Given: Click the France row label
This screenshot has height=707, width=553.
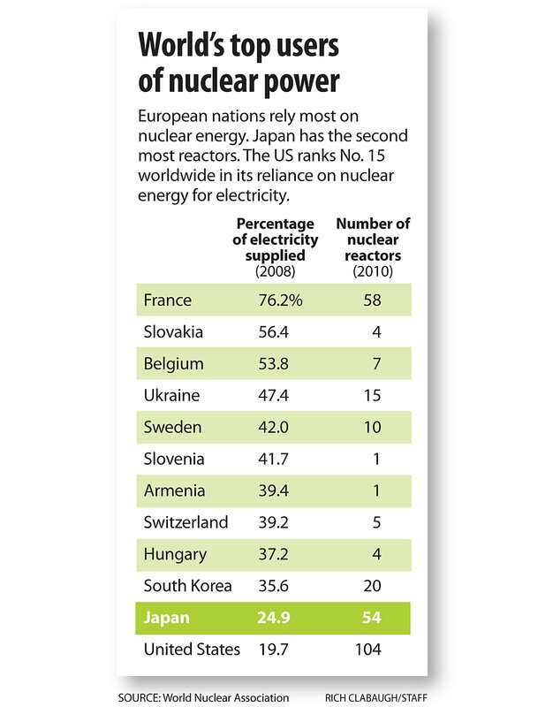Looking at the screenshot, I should (x=167, y=300).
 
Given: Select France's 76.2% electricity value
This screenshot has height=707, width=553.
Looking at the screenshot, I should (x=279, y=300).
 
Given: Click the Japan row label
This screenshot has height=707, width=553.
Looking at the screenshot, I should (x=167, y=618).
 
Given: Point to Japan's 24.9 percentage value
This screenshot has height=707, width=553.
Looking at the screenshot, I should (x=273, y=618).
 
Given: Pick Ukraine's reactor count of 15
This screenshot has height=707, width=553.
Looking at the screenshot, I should (x=371, y=396).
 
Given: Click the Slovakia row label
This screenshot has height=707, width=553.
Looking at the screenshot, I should (x=173, y=332).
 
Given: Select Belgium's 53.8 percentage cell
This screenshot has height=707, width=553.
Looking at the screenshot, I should (x=273, y=364).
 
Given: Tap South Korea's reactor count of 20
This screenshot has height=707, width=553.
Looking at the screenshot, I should (x=371, y=586).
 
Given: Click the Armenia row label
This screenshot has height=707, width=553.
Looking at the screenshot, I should (x=174, y=491).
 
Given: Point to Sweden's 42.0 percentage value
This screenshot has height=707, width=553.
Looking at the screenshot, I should (x=273, y=428).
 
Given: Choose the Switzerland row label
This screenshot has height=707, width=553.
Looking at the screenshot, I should (x=186, y=523).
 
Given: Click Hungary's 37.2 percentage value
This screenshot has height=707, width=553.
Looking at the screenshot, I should (x=273, y=555).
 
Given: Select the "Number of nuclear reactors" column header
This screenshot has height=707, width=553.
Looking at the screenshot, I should (x=373, y=239).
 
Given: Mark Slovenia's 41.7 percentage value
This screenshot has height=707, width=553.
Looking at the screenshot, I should (x=273, y=460).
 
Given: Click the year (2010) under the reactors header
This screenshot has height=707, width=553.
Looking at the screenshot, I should (x=373, y=270).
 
